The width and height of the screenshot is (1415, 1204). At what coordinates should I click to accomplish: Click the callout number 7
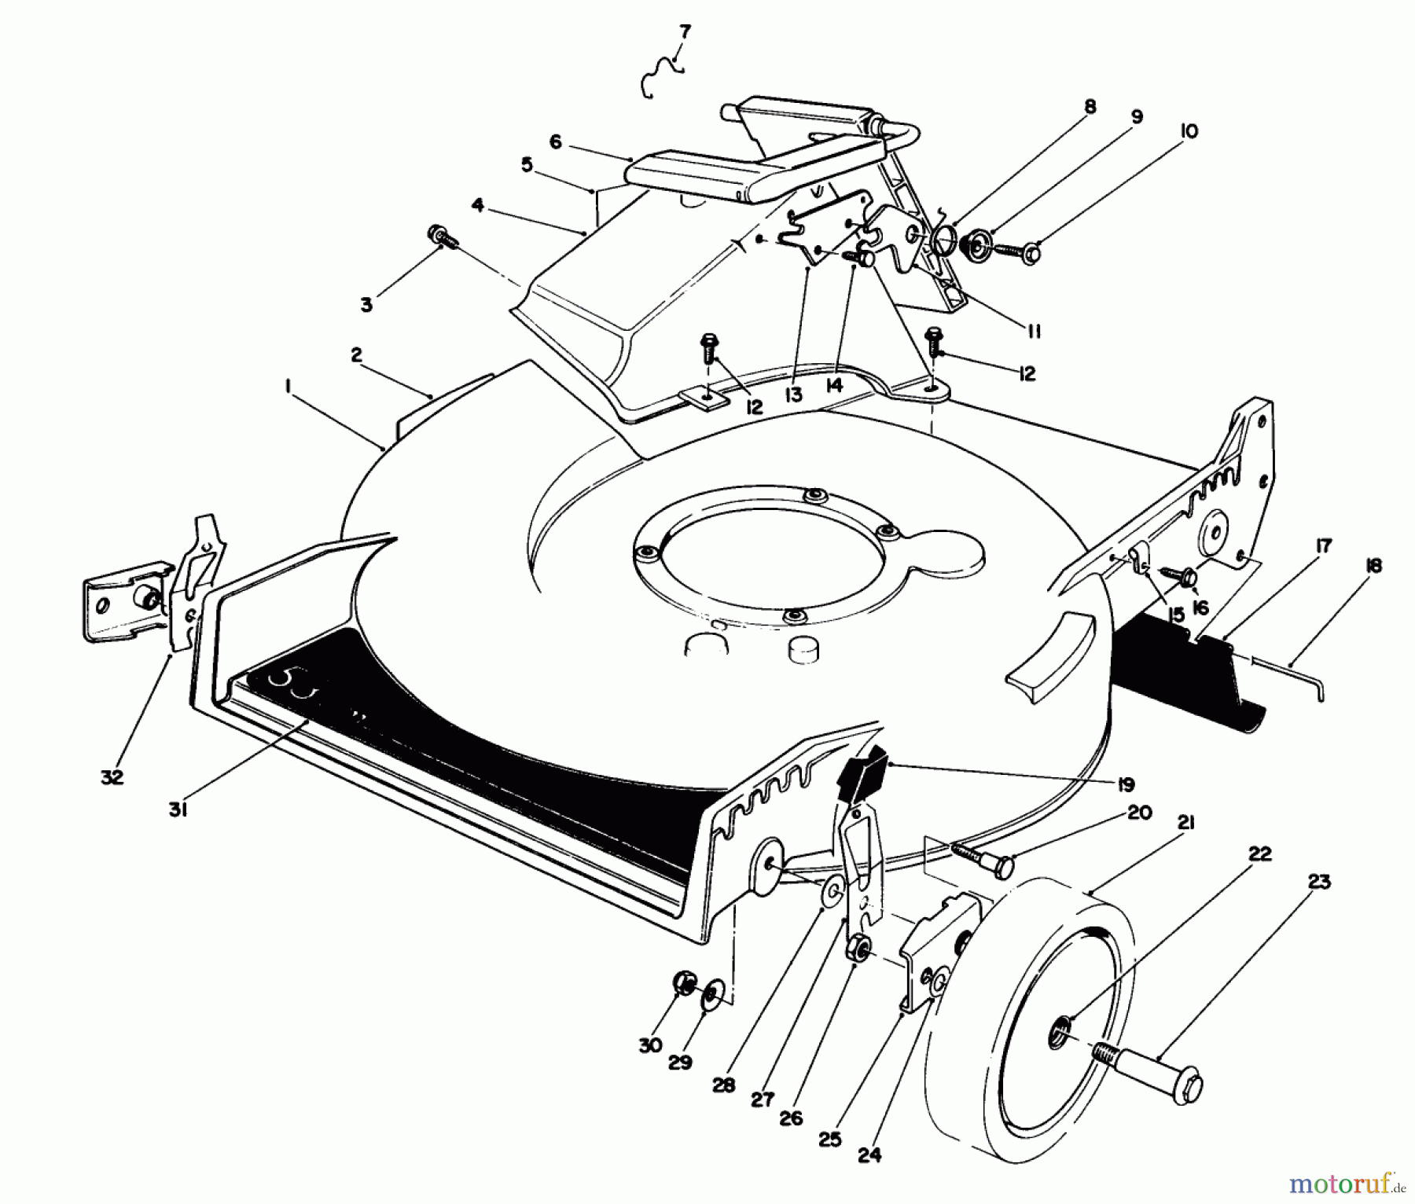[x=684, y=32]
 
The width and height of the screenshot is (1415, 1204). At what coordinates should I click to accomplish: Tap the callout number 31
[x=178, y=810]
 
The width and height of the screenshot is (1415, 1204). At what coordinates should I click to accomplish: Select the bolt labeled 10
[x=1015, y=252]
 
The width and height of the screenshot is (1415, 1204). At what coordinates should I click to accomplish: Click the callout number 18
[x=1374, y=565]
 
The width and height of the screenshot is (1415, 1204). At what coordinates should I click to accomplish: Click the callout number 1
[x=289, y=386]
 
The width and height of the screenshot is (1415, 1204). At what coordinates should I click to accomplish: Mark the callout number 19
[x=1126, y=784]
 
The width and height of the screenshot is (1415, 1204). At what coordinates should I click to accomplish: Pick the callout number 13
[x=793, y=395]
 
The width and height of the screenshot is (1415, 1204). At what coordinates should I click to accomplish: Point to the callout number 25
[x=830, y=1140]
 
